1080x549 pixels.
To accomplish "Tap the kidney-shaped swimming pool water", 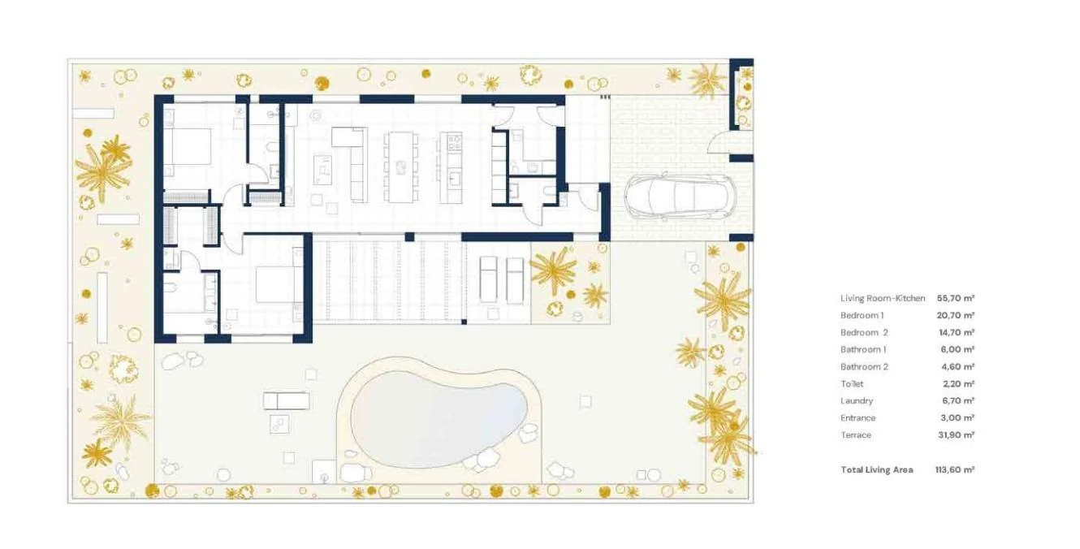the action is click(438, 418).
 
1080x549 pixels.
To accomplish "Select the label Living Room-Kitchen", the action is click(883, 298).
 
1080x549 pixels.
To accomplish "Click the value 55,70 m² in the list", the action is click(956, 298).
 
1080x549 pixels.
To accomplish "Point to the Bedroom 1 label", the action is click(862, 315).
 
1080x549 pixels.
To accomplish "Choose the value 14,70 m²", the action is click(957, 333).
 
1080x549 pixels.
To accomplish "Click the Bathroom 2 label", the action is click(864, 367).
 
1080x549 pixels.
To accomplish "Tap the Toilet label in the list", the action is click(852, 384).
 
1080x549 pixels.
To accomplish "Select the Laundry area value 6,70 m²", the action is click(958, 401).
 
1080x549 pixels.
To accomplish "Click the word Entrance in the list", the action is click(858, 418).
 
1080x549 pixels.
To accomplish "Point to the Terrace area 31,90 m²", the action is click(957, 434).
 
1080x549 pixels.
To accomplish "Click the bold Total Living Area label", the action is click(876, 469).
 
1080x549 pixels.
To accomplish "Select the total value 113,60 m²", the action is click(955, 469).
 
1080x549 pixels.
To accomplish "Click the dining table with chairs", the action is click(401, 166).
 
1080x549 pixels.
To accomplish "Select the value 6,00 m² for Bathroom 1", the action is click(958, 349).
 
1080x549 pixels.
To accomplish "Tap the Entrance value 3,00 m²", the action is click(958, 418).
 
